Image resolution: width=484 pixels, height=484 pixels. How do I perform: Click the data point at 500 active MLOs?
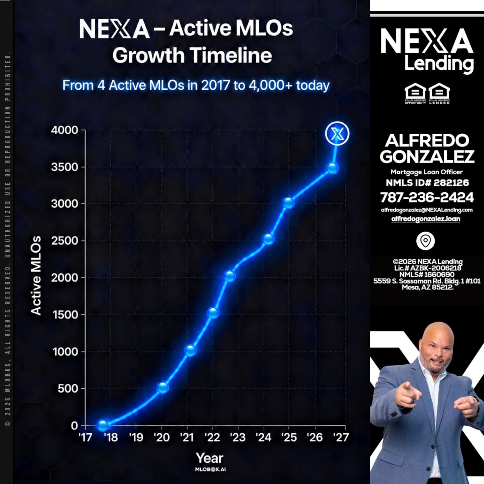point(163,387)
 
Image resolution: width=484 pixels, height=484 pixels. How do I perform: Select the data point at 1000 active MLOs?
point(190,351)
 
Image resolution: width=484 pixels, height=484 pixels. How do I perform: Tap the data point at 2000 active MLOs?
point(230,276)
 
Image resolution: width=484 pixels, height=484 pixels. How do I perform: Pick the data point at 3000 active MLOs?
point(289,203)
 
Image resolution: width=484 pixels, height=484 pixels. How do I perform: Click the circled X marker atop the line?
point(337,133)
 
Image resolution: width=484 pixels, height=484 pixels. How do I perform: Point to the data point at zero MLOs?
point(102,425)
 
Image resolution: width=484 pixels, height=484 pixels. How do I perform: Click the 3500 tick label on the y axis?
point(64,167)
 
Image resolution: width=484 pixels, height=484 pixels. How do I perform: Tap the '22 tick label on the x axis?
point(212,437)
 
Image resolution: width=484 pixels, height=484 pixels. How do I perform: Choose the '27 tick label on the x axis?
point(341,437)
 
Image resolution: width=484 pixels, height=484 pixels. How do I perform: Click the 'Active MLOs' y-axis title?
point(36,276)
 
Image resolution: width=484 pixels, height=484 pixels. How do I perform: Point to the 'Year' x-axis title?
point(210,458)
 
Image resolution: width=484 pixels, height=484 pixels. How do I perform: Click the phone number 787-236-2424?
point(427,197)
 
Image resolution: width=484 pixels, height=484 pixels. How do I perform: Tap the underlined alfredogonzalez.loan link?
point(426,219)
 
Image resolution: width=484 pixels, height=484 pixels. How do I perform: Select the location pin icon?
point(425,241)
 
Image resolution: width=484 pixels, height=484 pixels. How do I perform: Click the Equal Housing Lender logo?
point(439,93)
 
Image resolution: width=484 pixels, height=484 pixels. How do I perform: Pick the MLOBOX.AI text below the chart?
point(210,469)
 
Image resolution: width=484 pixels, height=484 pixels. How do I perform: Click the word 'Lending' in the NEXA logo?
point(438,64)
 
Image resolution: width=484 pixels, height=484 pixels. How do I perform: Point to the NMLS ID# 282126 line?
point(427,183)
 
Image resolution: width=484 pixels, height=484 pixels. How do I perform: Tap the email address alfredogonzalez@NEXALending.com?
point(427,210)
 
